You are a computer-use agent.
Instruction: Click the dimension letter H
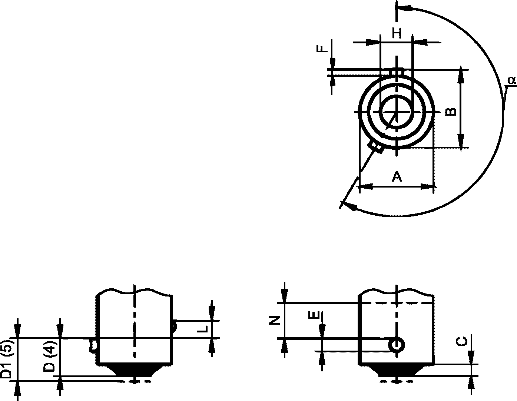click(x=397, y=33)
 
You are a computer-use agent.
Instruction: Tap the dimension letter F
click(x=322, y=49)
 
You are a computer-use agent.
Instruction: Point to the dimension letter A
click(x=397, y=176)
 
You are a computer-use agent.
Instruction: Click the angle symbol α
click(x=512, y=80)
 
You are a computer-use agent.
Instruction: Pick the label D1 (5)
click(x=7, y=360)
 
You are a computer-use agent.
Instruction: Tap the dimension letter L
click(x=203, y=329)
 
